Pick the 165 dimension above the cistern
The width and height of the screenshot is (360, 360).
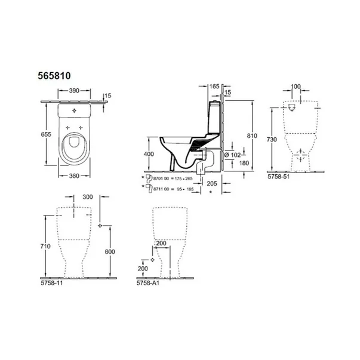[214, 87]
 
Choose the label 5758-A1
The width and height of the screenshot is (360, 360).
[147, 284]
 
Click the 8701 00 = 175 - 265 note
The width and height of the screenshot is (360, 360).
[173, 178]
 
